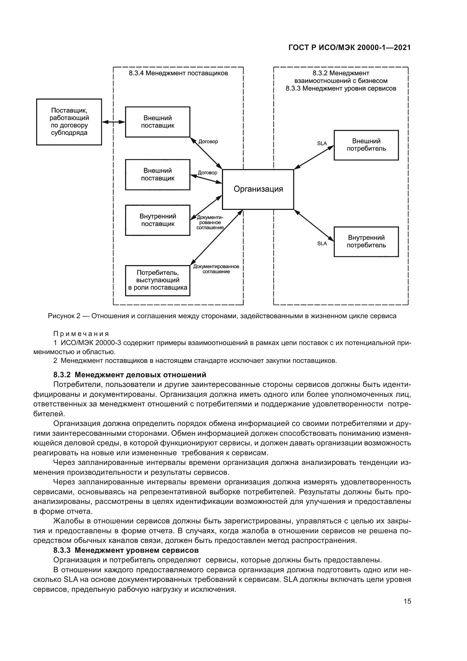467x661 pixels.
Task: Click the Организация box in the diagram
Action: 258,189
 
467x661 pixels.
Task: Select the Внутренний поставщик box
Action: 158,220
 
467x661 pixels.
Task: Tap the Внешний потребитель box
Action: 366,145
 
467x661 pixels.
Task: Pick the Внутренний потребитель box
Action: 366,242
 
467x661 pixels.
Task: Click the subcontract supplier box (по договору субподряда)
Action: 69,122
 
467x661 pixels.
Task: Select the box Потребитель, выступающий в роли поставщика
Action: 158,280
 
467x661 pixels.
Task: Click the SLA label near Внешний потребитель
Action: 322,143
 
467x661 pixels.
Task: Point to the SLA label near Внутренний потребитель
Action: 322,244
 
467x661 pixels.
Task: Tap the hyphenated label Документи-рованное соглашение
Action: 210,222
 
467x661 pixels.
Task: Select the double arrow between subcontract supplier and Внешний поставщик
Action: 114,122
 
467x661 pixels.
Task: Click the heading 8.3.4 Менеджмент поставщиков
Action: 178,73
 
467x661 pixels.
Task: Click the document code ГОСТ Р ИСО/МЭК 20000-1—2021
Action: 349,48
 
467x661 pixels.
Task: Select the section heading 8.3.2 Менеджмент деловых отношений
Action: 130,375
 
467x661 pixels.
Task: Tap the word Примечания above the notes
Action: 81,334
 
